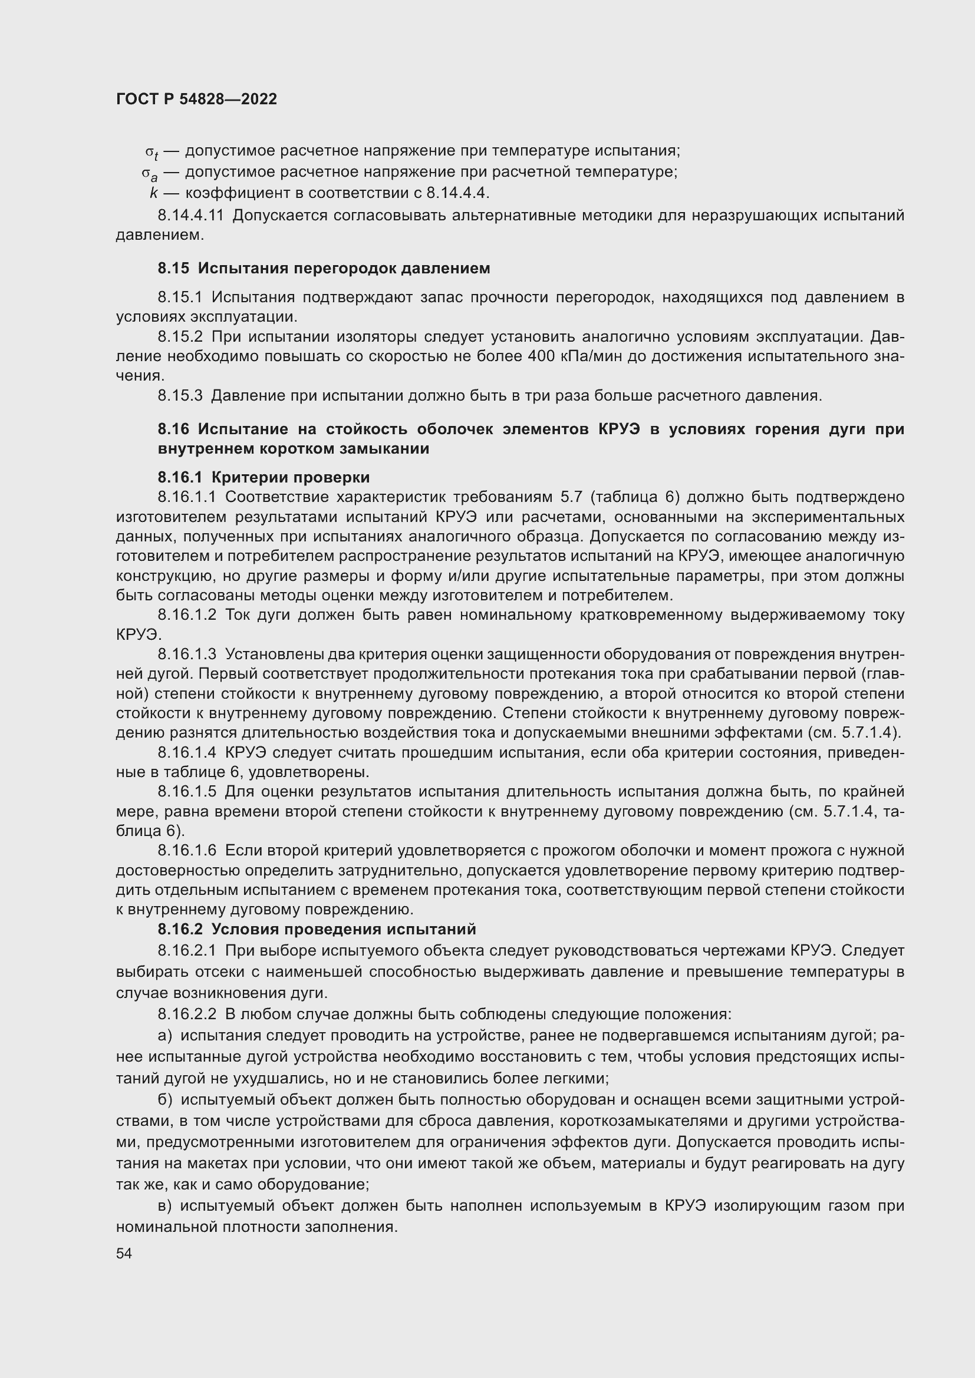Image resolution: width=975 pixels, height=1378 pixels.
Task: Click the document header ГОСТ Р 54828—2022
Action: click(196, 99)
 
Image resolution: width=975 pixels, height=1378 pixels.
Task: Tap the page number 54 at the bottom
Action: click(124, 1253)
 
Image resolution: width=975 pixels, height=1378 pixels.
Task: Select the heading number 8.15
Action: click(173, 268)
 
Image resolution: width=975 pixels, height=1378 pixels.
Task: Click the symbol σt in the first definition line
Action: click(151, 151)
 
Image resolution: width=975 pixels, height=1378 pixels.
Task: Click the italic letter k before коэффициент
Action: click(154, 193)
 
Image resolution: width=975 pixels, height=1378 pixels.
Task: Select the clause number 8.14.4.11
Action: click(190, 215)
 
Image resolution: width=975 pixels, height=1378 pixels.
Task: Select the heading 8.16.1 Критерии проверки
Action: click(263, 477)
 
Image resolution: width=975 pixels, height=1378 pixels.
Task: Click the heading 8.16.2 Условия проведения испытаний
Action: click(317, 929)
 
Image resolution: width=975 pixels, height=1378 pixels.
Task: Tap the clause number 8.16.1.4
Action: click(187, 752)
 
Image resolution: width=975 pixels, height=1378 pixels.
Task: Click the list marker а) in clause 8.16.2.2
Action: click(164, 1035)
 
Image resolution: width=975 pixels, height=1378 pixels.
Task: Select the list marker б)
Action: click(164, 1099)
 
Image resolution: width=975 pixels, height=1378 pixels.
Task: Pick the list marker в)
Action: click(164, 1206)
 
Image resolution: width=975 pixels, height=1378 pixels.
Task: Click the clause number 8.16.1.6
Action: click(187, 851)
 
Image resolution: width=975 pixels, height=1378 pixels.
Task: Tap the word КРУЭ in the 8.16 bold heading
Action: click(619, 429)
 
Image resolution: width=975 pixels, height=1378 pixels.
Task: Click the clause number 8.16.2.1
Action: click(187, 951)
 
